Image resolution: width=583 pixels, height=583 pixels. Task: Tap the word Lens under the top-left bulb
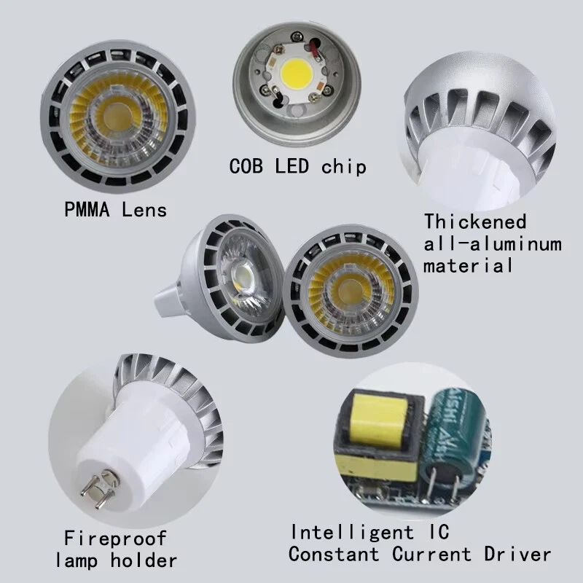tap(142, 211)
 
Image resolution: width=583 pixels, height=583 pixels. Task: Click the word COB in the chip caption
tap(249, 165)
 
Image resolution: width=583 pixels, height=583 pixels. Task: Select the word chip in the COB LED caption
tap(343, 166)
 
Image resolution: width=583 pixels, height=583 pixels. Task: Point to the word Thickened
tap(475, 221)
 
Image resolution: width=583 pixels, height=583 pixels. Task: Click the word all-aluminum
tap(493, 243)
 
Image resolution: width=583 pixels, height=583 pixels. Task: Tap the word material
tap(469, 265)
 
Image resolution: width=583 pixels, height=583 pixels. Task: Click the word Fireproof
tap(115, 539)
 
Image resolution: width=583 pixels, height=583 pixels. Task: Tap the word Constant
tap(334, 554)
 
